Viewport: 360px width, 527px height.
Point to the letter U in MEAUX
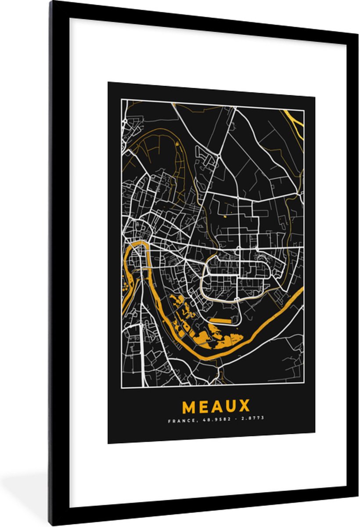click(230, 406)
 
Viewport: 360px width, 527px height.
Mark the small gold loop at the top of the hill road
click(177, 144)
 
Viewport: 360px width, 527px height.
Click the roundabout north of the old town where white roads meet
click(218, 155)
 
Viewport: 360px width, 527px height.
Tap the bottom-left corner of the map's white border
click(122, 388)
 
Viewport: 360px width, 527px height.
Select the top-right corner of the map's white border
click(303, 110)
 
